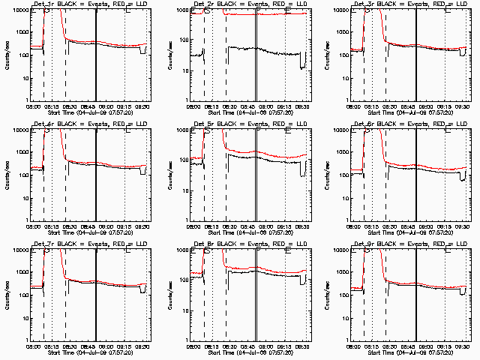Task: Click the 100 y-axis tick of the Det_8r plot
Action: pyautogui.click(x=183, y=295)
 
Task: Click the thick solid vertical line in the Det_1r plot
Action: pyautogui.click(x=96, y=54)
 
